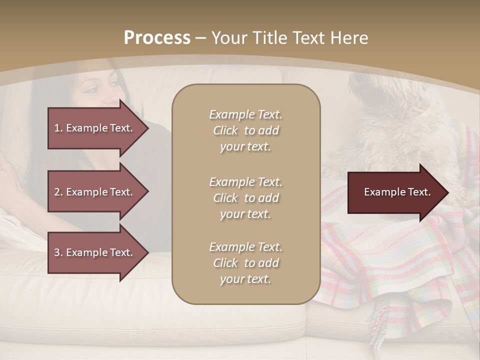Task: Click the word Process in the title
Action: [157, 37]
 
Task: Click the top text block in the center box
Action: [245, 130]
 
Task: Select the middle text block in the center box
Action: [245, 198]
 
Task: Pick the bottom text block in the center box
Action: [245, 263]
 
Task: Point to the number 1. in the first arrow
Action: [58, 128]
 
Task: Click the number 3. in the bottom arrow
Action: [58, 252]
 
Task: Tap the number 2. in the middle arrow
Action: [58, 192]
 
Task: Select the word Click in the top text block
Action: [225, 130]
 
